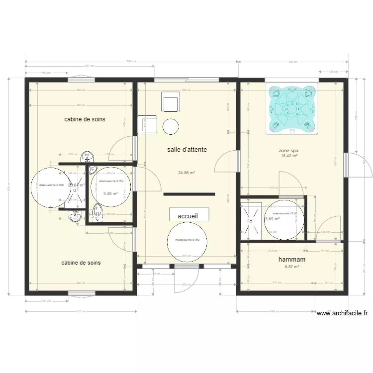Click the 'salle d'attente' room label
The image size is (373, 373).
[x=187, y=149]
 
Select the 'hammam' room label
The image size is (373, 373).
[x=291, y=259]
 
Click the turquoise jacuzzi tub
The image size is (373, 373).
[x=292, y=109]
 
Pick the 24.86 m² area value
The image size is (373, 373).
[x=186, y=173]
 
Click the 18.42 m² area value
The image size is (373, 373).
[x=289, y=156]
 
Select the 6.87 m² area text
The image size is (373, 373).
[x=291, y=267]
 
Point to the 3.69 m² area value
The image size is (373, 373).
[x=272, y=219]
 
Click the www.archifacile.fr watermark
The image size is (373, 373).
[x=343, y=313]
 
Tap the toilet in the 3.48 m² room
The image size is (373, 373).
[x=97, y=212]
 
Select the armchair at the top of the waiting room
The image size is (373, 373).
[x=170, y=103]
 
